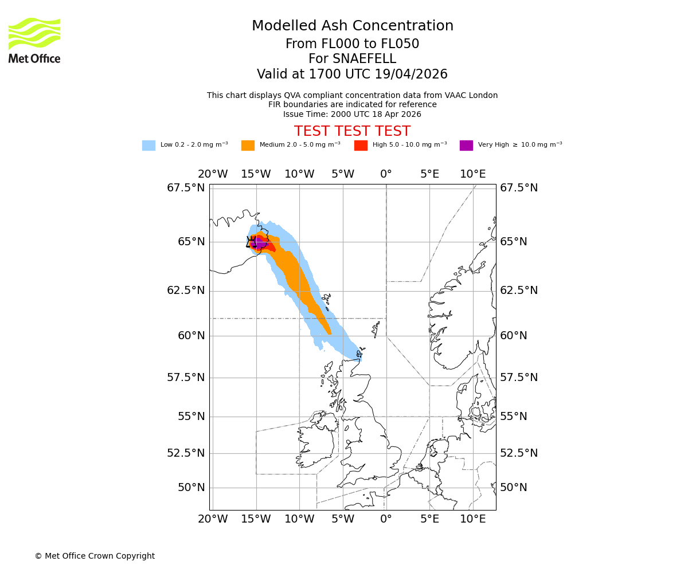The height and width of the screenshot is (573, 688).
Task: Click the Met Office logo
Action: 34,40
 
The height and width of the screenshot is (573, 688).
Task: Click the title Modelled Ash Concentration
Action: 352,26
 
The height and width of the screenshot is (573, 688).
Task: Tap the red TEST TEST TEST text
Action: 352,132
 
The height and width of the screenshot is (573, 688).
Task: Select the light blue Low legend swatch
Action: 148,146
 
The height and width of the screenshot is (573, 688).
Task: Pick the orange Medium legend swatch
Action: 248,146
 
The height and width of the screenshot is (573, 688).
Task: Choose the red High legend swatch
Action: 361,146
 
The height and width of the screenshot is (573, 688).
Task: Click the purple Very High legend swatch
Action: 466,146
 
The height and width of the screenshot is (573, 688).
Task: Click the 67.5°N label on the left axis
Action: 186,188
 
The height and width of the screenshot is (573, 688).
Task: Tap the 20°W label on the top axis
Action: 213,174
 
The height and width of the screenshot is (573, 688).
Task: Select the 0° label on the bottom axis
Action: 386,519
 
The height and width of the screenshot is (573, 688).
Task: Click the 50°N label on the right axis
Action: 513,488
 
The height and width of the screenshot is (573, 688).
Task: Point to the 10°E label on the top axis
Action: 472,174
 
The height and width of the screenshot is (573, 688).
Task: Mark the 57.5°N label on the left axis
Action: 186,377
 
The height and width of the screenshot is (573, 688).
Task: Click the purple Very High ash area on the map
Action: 259,243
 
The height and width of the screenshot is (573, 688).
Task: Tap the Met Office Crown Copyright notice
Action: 95,556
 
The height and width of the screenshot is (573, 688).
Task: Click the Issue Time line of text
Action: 352,114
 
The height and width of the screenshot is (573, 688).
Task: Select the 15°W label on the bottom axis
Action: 256,519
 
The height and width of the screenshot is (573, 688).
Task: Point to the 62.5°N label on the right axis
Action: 519,291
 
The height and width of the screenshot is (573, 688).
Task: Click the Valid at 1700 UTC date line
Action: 352,74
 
